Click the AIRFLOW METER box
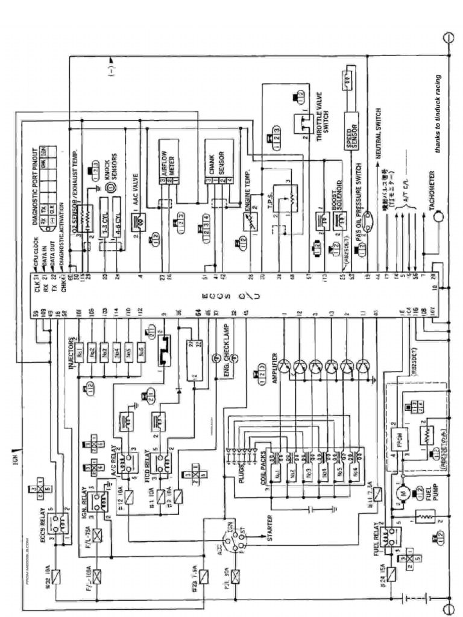[171, 158]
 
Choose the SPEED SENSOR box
[350, 130]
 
